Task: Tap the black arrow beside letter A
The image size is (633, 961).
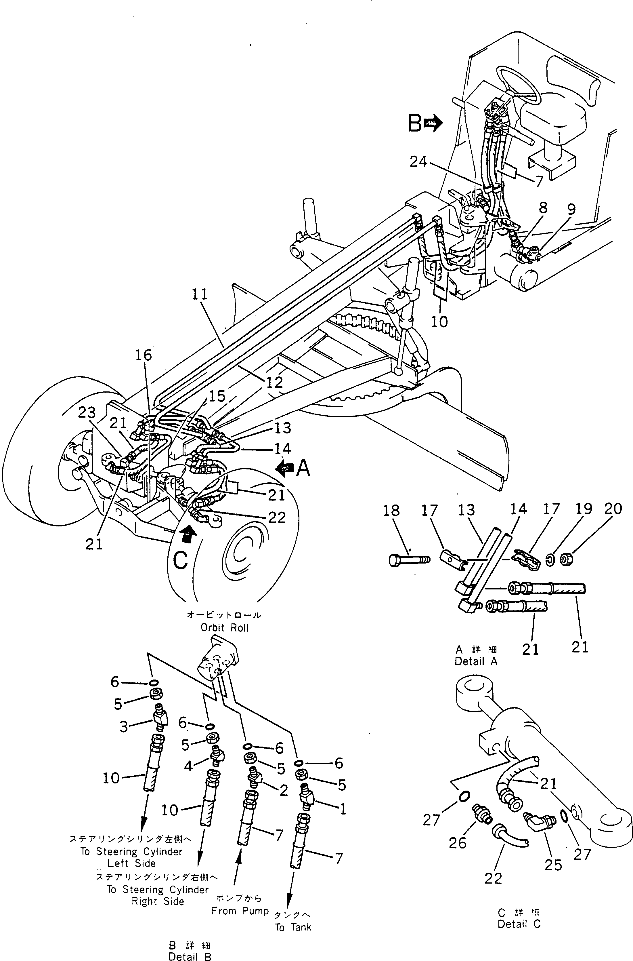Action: (x=285, y=468)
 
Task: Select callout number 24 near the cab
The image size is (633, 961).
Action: (x=418, y=162)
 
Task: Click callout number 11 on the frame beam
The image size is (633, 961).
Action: (x=199, y=294)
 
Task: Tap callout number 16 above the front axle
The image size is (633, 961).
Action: (x=143, y=355)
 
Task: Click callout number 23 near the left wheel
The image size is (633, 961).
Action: (x=87, y=412)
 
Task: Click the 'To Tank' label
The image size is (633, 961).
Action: (x=293, y=916)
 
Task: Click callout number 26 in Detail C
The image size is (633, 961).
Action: (x=457, y=843)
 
